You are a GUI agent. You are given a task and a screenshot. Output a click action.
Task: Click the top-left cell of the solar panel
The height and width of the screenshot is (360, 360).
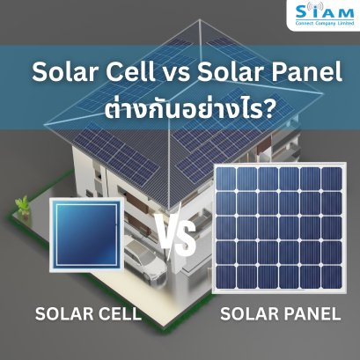pyautogui.click(x=229, y=180)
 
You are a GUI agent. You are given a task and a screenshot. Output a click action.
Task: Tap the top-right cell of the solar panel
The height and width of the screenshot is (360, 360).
pyautogui.click(x=334, y=180)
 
